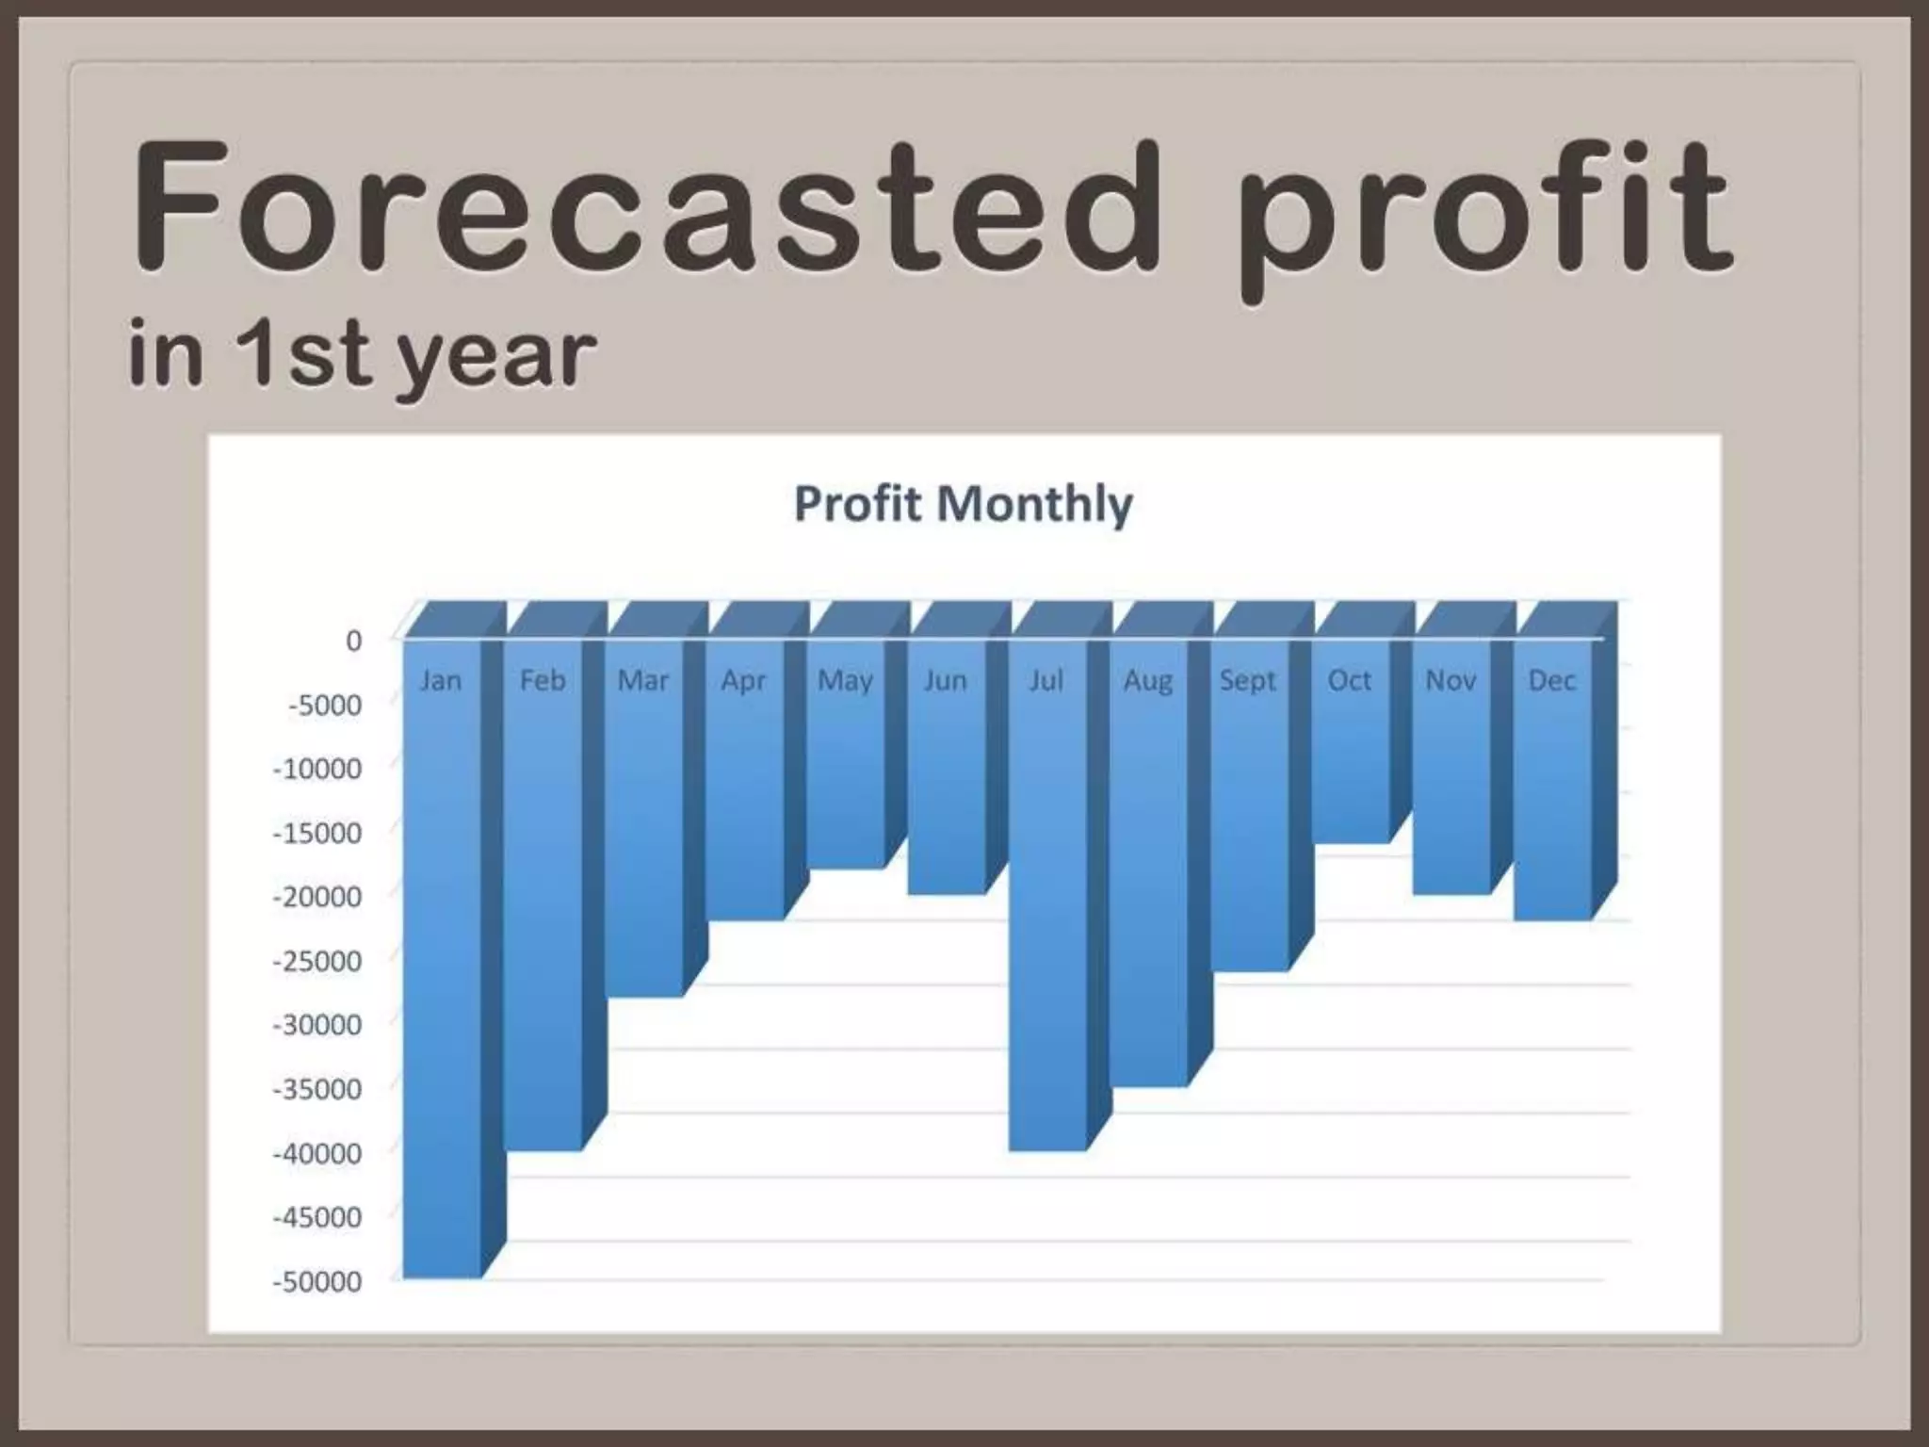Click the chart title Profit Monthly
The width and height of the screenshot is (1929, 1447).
tap(963, 504)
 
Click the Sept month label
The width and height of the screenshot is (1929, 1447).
tap(1248, 680)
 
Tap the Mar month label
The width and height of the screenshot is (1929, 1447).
tap(642, 680)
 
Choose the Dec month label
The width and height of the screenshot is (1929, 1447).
tap(1551, 680)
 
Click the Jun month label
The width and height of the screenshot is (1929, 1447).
tap(945, 680)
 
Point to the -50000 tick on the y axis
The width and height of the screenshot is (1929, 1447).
tap(317, 1281)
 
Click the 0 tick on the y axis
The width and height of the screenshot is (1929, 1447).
tap(353, 641)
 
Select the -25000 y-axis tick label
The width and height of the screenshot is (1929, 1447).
tap(317, 961)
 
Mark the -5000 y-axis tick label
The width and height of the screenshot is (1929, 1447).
tap(325, 705)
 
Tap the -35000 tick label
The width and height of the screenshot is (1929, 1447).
tap(317, 1089)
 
